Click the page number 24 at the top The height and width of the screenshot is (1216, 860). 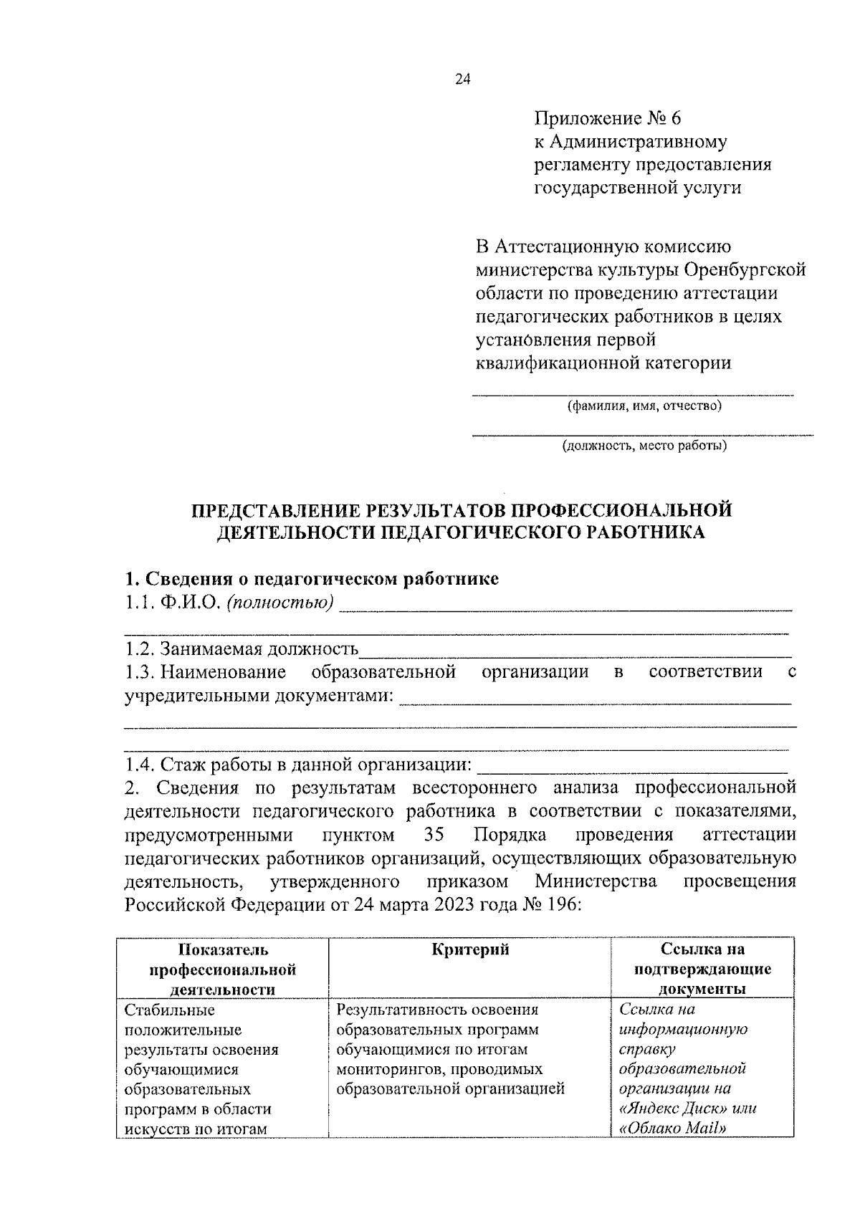click(462, 80)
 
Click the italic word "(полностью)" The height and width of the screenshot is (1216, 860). click(280, 603)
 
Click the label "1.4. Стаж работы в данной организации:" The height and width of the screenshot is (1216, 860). click(298, 765)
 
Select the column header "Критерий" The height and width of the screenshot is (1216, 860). click(470, 950)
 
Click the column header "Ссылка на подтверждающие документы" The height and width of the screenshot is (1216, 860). click(702, 969)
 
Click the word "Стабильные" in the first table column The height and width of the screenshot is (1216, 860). click(169, 1010)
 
